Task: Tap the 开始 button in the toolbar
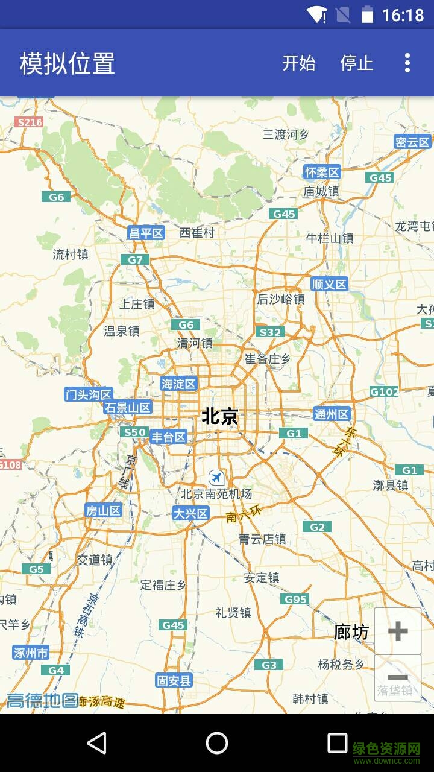coord(299,63)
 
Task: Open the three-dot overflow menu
coord(407,63)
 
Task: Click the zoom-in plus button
coord(398,631)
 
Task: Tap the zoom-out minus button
coord(398,678)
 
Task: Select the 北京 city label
coord(219,416)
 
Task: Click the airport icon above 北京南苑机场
coord(216,478)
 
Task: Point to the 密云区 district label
coord(413,142)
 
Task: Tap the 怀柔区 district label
coord(322,172)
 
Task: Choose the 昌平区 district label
coord(146,233)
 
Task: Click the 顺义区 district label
coord(330,284)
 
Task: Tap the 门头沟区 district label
coord(89,395)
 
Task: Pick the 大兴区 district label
coord(190,514)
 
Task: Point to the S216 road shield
coord(30,122)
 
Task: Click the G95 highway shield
coord(295,599)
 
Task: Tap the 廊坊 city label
coord(351,632)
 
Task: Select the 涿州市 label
coord(31,653)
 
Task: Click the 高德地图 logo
coord(42,700)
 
